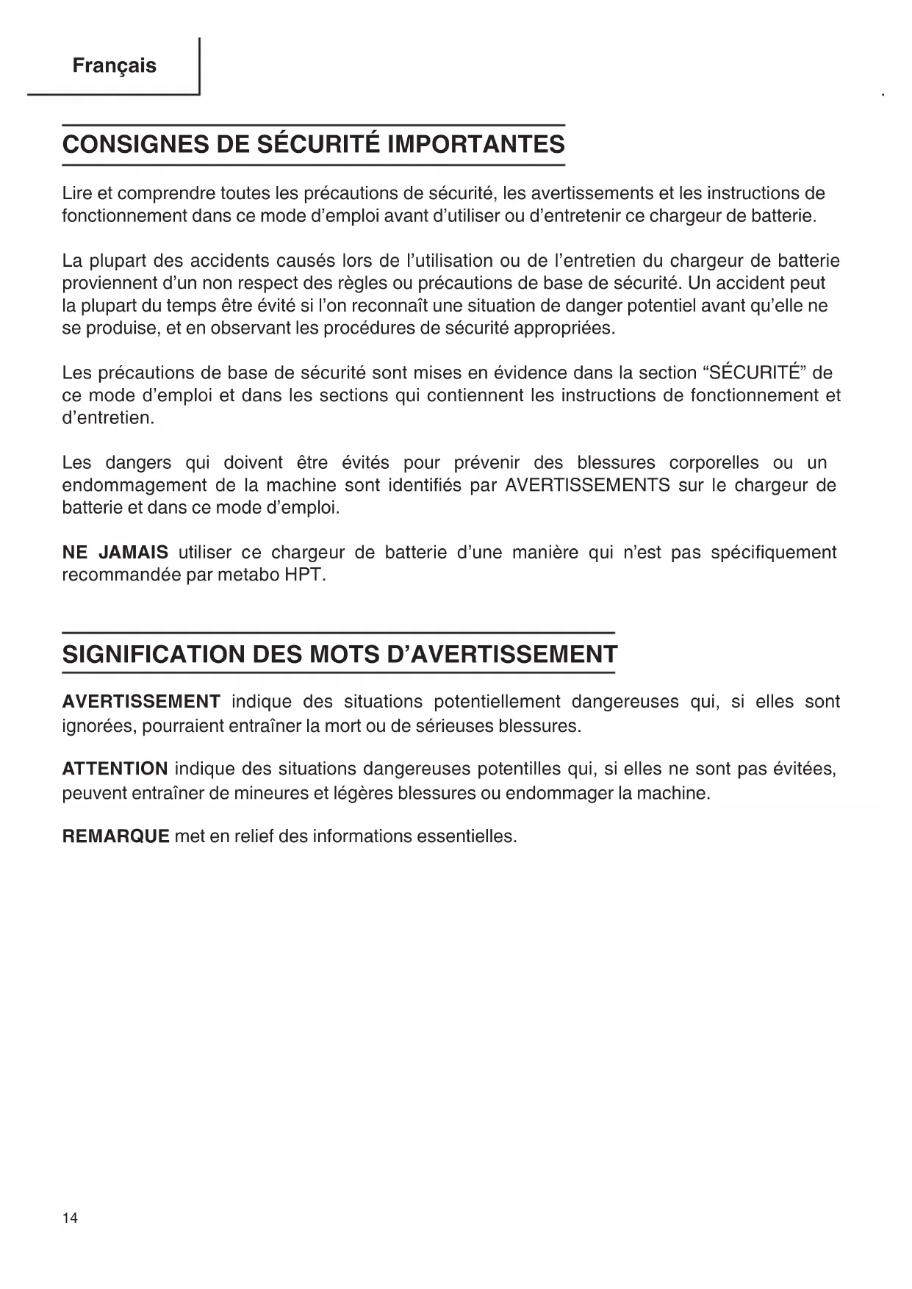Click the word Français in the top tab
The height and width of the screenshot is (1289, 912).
tap(114, 66)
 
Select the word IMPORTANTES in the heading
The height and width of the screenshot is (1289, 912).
tap(476, 144)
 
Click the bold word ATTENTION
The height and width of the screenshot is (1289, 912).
tap(115, 769)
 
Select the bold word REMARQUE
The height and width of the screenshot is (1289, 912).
tap(116, 836)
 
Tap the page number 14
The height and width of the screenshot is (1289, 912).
tap(70, 1218)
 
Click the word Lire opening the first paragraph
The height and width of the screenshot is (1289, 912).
tap(77, 193)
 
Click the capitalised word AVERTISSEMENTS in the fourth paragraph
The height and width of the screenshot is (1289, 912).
tap(588, 486)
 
